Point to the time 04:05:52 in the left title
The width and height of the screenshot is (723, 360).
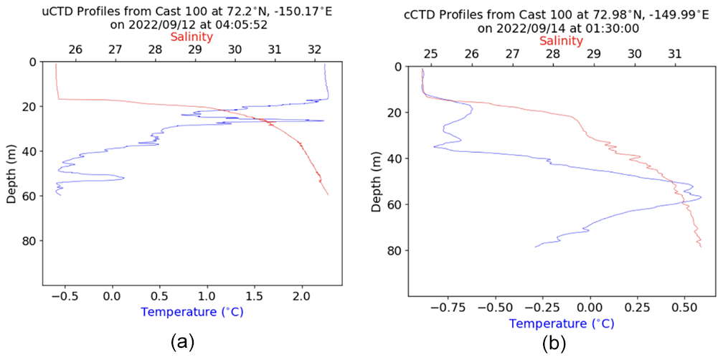[232, 23]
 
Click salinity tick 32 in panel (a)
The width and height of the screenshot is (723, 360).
[314, 50]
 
